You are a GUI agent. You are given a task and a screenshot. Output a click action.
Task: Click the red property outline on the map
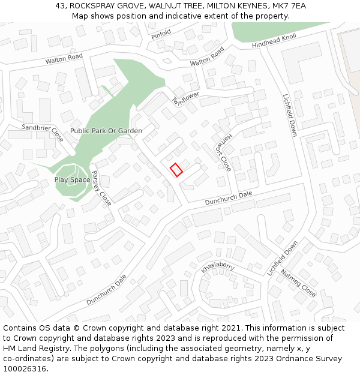pos(176,170)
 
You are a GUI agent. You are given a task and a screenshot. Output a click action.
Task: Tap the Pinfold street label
pos(161,35)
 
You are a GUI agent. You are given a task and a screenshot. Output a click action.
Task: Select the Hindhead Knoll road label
pos(274,41)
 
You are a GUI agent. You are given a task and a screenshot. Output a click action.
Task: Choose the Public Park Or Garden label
pos(106,131)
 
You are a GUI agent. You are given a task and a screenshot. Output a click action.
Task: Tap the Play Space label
pos(73,179)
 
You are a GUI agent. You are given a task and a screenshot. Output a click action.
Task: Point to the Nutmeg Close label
pos(298,283)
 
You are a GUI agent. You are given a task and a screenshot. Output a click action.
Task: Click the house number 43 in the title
pos(60,5)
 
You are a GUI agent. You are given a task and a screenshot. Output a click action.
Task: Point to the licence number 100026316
pos(25,369)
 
